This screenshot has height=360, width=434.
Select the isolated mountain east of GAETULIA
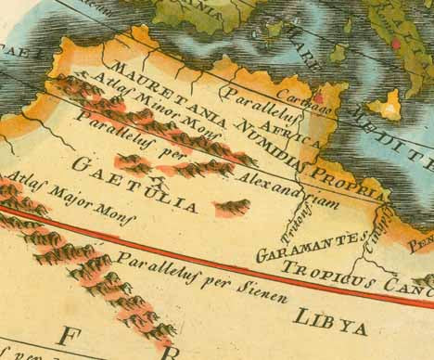(x=231, y=207)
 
